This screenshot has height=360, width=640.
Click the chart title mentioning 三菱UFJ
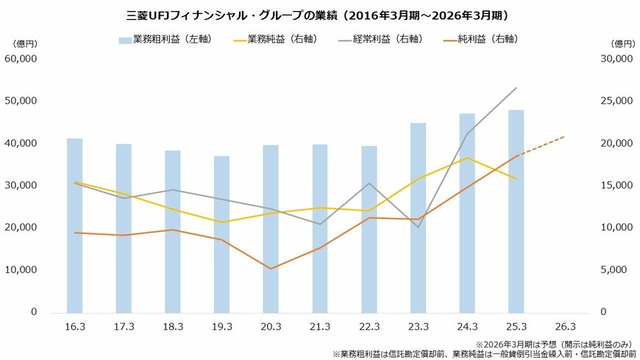[x=319, y=14]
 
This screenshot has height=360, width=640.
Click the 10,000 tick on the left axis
[x=22, y=270]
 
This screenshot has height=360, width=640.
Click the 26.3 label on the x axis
[x=564, y=326]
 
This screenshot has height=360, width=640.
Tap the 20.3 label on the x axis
[x=271, y=326]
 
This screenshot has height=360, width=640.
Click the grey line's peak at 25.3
[x=516, y=88]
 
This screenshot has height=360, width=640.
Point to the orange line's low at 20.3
[x=271, y=269]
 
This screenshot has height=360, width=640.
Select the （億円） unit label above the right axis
[x=622, y=43]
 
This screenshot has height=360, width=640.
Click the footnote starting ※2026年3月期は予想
[x=555, y=344]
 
